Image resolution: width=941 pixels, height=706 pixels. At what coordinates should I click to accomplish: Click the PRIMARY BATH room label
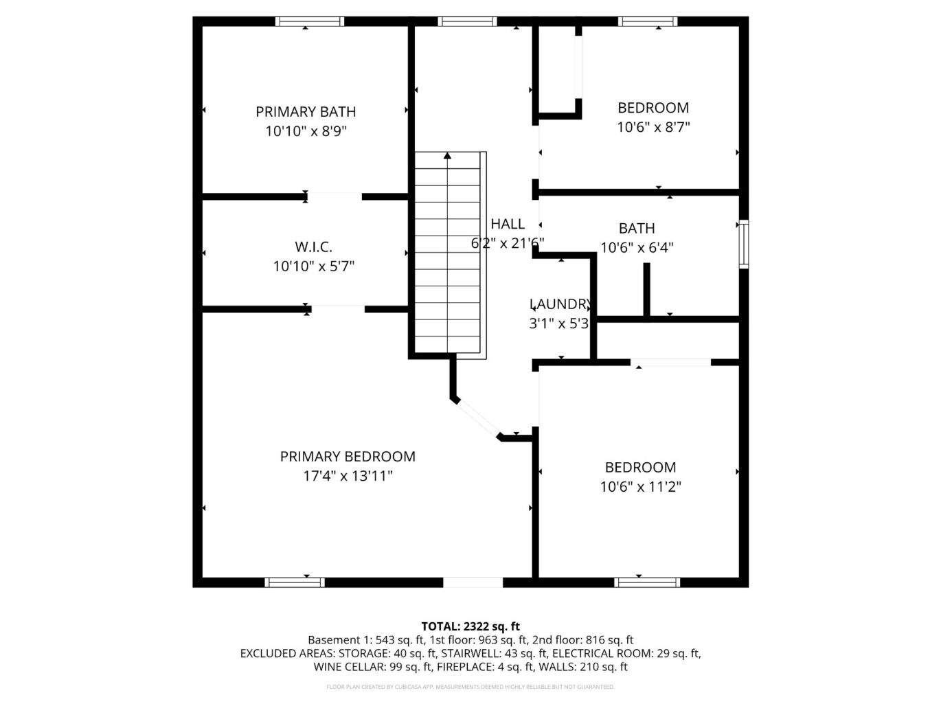[306, 111]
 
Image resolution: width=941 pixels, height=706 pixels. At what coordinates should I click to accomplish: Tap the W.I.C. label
[313, 247]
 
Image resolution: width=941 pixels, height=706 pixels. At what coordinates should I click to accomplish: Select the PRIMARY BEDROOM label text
[348, 457]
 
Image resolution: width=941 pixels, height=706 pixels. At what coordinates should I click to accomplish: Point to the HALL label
[508, 224]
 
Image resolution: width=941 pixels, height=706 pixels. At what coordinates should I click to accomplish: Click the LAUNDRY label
[560, 304]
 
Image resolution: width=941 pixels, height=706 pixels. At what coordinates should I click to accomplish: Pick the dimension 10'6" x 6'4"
[637, 248]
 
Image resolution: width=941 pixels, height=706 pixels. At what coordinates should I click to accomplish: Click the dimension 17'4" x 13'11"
[348, 476]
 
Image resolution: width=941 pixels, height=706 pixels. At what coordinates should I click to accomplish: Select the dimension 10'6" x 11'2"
[640, 487]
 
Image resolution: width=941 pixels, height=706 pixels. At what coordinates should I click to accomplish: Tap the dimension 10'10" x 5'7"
[313, 266]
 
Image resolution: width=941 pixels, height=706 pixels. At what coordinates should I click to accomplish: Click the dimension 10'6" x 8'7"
[653, 127]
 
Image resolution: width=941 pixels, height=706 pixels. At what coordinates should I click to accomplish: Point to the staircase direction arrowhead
[447, 156]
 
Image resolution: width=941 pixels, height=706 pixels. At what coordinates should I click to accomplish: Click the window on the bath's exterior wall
[743, 244]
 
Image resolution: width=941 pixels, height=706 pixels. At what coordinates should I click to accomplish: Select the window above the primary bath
[309, 21]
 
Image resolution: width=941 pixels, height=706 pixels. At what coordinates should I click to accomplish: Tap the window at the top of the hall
[467, 21]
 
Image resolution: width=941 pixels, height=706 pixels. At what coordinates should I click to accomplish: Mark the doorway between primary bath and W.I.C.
[335, 197]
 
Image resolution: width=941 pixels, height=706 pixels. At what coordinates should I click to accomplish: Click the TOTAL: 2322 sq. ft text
[470, 626]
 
